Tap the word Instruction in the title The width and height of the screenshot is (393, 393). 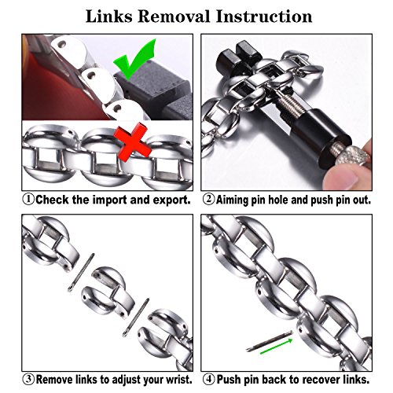pyautogui.click(x=264, y=17)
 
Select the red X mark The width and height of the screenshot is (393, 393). pyautogui.click(x=133, y=144)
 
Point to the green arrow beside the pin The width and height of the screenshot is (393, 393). pyautogui.click(x=276, y=347)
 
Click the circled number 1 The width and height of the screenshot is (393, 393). pyautogui.click(x=28, y=200)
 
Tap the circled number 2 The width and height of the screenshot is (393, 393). pyautogui.click(x=209, y=200)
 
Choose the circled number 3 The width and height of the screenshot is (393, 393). pyautogui.click(x=28, y=379)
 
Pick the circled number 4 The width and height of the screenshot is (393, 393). pyautogui.click(x=209, y=379)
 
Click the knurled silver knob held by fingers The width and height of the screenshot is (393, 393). pyautogui.click(x=350, y=155)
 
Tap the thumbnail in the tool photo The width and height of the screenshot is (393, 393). pyautogui.click(x=341, y=180)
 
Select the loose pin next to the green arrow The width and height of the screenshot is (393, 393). pyautogui.click(x=269, y=341)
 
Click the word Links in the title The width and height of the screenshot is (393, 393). pyautogui.click(x=109, y=17)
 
